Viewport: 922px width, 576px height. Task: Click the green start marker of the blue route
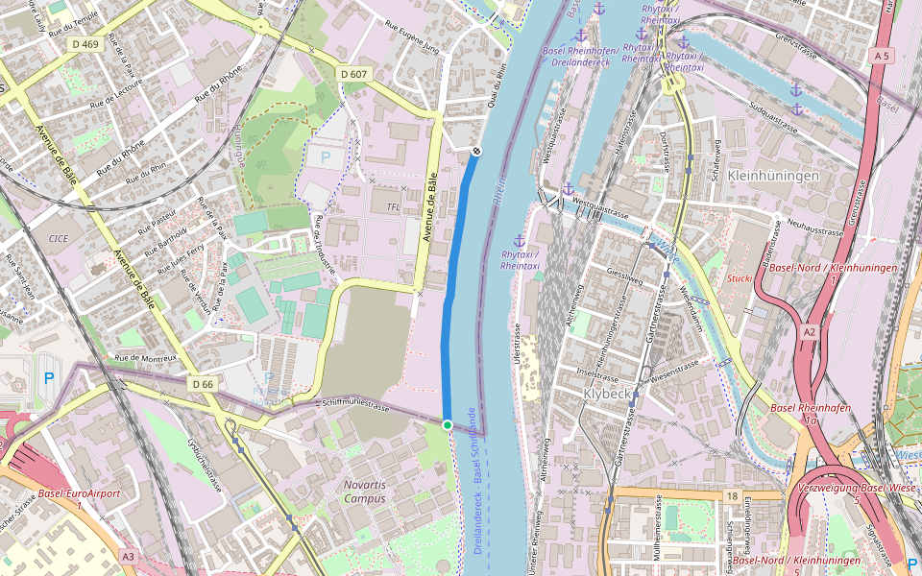click(447, 424)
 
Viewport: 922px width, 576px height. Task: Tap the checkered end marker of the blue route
click(476, 151)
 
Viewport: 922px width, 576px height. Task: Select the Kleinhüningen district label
click(773, 177)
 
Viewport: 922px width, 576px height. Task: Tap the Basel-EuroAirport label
click(79, 493)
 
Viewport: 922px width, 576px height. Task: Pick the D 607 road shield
click(353, 74)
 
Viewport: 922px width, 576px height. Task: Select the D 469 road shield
click(85, 44)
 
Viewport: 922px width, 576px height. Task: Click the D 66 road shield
click(202, 384)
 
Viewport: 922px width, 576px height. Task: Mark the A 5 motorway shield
click(882, 57)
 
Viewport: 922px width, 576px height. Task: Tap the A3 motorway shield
click(129, 556)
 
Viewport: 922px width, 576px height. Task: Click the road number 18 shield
click(732, 496)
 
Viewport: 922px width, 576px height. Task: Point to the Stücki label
click(740, 278)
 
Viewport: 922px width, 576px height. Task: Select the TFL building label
click(392, 206)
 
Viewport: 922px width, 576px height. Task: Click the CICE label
click(58, 236)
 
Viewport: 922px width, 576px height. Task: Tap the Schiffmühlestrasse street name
click(356, 406)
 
